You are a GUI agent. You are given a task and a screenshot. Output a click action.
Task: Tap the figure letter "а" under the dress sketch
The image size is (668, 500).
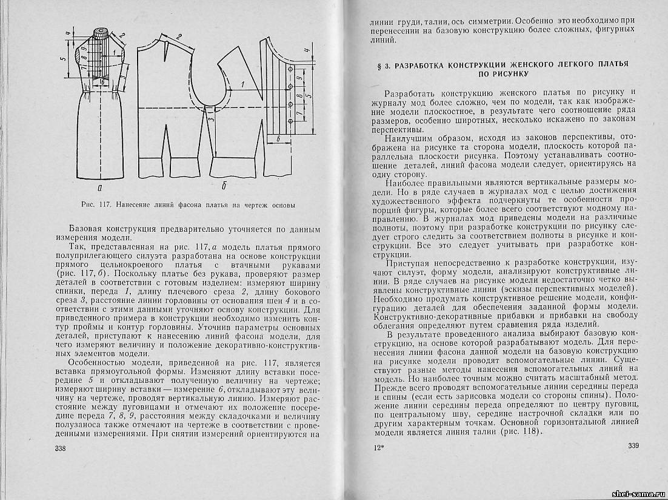100,186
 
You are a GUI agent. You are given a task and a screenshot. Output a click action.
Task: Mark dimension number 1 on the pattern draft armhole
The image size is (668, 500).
242,84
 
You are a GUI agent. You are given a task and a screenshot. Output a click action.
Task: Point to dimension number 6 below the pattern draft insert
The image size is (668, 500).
278,139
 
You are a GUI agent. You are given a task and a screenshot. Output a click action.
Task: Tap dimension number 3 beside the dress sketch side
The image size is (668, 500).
124,78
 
